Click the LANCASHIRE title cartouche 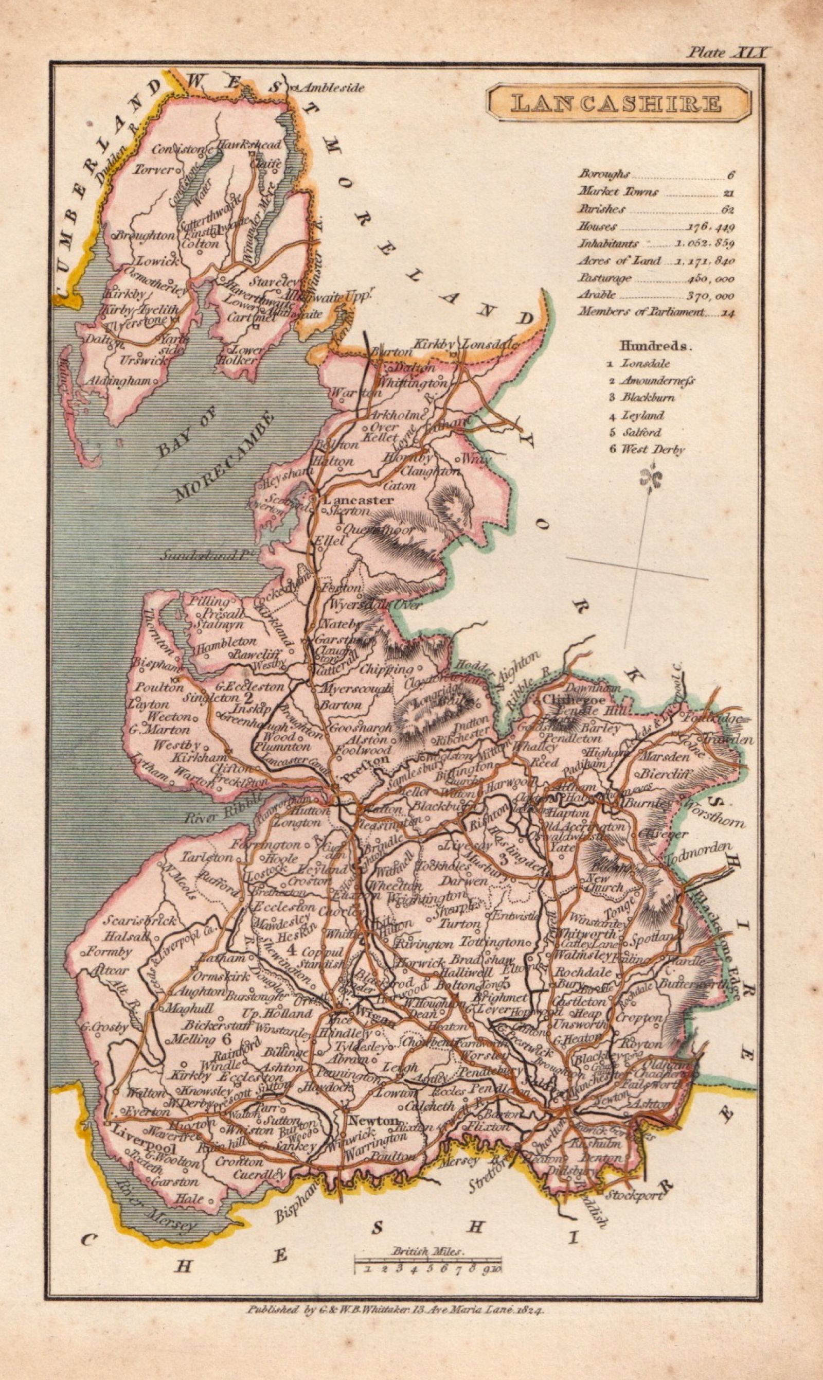618,104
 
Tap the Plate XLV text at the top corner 727,52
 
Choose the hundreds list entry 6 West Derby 647,449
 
